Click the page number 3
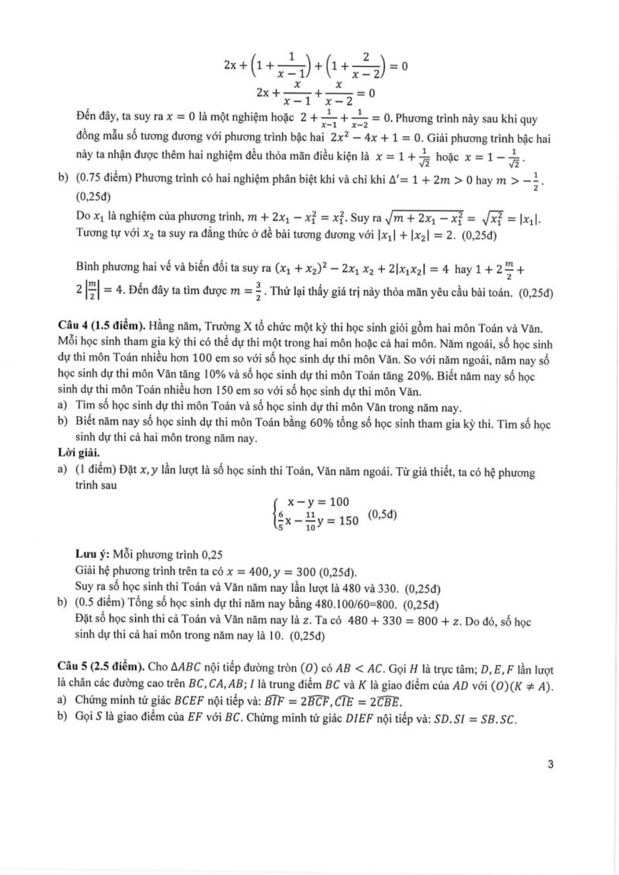pyautogui.click(x=551, y=764)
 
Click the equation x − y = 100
pyautogui.click(x=318, y=502)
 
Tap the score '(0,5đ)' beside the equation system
pyautogui.click(x=382, y=514)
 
